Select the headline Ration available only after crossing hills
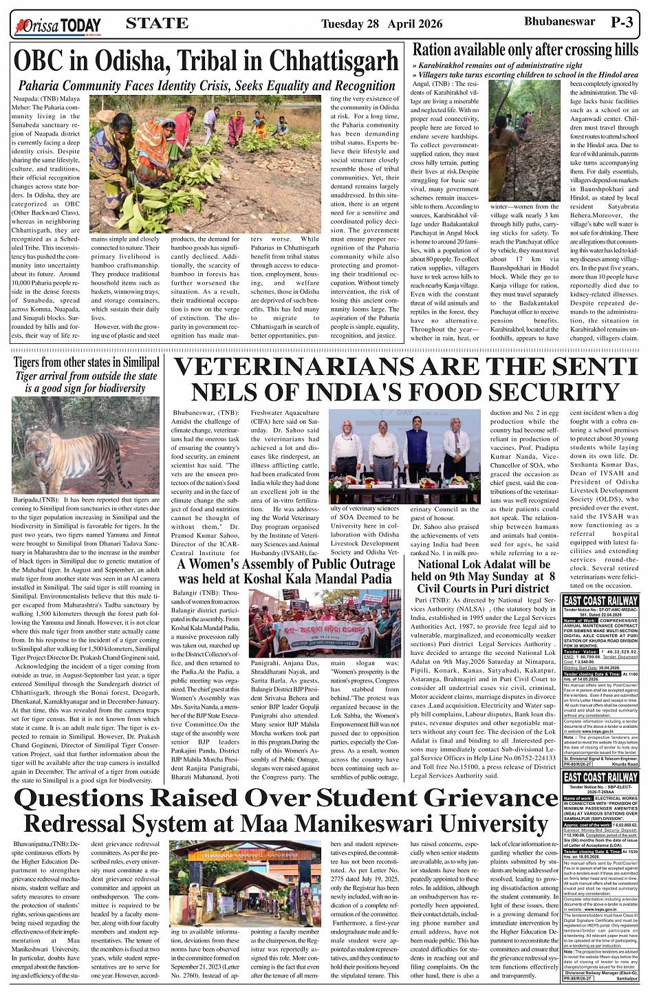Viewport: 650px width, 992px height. pyautogui.click(x=525, y=50)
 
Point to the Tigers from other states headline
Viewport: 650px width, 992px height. pyautogui.click(x=86, y=362)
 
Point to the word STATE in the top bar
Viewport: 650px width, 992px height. pyautogui.click(x=157, y=23)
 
